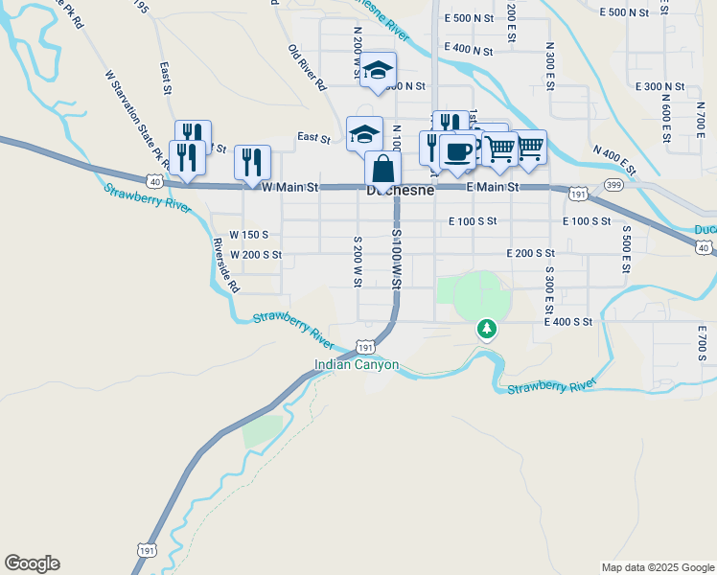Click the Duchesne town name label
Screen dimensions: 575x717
click(401, 191)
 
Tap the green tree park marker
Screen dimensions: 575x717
click(488, 331)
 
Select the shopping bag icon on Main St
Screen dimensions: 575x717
click(382, 169)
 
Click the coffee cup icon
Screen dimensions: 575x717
click(458, 151)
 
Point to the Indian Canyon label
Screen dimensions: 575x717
click(357, 365)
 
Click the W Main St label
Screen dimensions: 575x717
click(289, 188)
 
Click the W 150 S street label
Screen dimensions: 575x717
click(248, 235)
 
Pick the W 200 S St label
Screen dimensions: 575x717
click(256, 255)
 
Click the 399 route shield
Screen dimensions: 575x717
click(614, 184)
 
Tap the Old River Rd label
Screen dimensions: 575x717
click(308, 67)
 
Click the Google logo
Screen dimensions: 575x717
click(32, 563)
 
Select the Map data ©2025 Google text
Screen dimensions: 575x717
click(657, 567)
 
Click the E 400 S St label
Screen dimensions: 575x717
click(568, 322)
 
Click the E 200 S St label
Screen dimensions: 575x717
click(531, 253)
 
